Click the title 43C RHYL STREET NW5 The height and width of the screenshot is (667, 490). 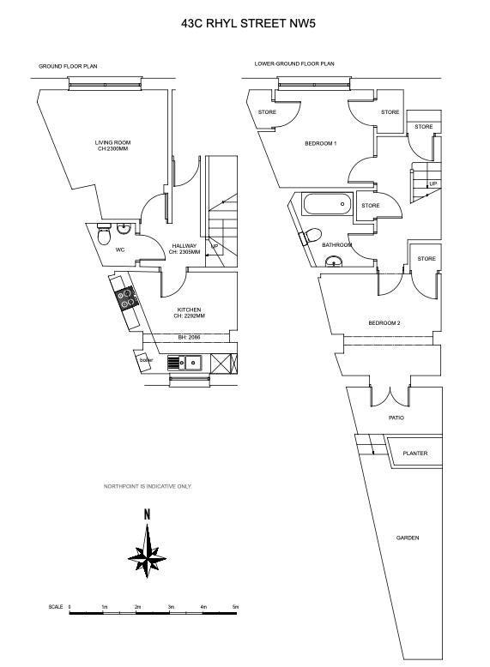click(x=248, y=23)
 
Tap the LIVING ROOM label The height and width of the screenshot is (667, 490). click(x=112, y=142)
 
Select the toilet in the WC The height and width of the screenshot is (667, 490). click(x=104, y=234)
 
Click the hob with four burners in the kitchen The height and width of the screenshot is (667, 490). click(x=126, y=297)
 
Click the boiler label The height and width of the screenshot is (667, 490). click(x=146, y=360)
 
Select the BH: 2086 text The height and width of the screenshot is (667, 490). click(x=189, y=337)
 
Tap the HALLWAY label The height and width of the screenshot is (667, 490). click(x=185, y=246)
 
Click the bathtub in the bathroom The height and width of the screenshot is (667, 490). click(x=327, y=204)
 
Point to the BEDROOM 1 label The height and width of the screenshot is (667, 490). click(x=321, y=144)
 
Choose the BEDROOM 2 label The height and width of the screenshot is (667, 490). click(x=384, y=323)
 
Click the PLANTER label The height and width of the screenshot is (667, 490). click(x=415, y=454)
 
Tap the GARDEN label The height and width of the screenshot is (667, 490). click(x=408, y=538)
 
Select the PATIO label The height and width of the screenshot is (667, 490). click(x=396, y=418)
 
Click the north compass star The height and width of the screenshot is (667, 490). click(x=147, y=551)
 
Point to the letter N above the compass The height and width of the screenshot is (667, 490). click(x=147, y=514)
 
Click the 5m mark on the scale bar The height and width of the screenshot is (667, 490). click(x=235, y=607)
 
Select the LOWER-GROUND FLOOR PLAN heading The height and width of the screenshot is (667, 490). click(x=294, y=63)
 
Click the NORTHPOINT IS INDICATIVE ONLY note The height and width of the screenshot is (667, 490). click(x=148, y=486)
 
